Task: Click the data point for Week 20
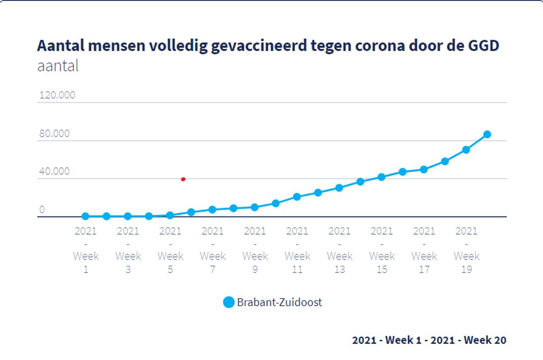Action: click(x=487, y=135)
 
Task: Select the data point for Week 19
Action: click(x=466, y=150)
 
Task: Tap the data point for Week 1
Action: click(x=85, y=217)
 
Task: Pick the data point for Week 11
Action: click(x=297, y=197)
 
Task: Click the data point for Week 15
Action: click(x=381, y=177)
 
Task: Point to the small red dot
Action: click(x=183, y=179)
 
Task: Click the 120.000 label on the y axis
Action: click(x=57, y=95)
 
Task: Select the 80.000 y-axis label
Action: click(x=54, y=134)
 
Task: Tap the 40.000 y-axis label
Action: click(x=54, y=172)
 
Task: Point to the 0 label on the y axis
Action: click(x=42, y=210)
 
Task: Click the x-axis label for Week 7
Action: click(x=213, y=250)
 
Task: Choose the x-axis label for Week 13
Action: click(x=339, y=250)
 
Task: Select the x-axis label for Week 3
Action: click(x=128, y=250)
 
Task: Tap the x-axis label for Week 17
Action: click(x=424, y=250)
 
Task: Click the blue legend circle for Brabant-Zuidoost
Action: click(x=229, y=302)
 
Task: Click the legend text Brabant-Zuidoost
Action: click(x=280, y=302)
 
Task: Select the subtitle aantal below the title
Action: click(x=58, y=67)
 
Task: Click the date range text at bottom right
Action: click(x=429, y=340)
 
